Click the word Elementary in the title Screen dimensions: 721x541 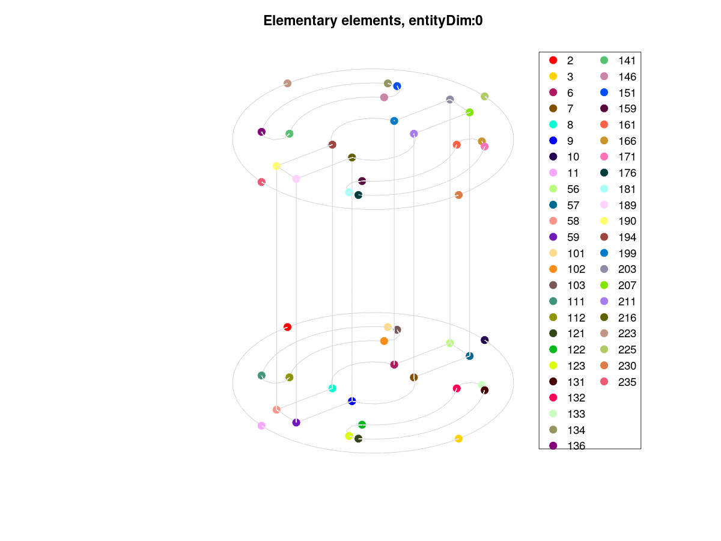pyautogui.click(x=300, y=20)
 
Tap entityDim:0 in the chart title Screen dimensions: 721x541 pyautogui.click(x=445, y=20)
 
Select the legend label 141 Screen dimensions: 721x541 pyautogui.click(x=627, y=61)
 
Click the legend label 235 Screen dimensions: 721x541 pyautogui.click(x=627, y=382)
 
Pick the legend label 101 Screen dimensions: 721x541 pyautogui.click(x=576, y=254)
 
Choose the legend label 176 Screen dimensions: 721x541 pyautogui.click(x=627, y=173)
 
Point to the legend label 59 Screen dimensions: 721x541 pyautogui.click(x=573, y=237)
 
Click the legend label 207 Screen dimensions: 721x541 pyautogui.click(x=627, y=286)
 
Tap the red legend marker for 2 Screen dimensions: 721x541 pyautogui.click(x=553, y=60)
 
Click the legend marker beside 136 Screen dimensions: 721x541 pyautogui.click(x=553, y=446)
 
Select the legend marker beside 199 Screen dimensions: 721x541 pyautogui.click(x=604, y=253)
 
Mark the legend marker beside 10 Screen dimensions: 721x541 pyautogui.click(x=553, y=156)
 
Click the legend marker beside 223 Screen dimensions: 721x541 pyautogui.click(x=604, y=334)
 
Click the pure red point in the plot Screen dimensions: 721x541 pyautogui.click(x=287, y=327)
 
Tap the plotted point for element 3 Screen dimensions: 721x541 pyautogui.click(x=458, y=439)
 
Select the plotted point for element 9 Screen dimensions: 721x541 pyautogui.click(x=352, y=401)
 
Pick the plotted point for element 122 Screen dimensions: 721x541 pyautogui.click(x=362, y=425)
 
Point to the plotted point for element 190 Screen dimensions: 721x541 pyautogui.click(x=276, y=167)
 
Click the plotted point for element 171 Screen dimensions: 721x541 pyautogui.click(x=484, y=147)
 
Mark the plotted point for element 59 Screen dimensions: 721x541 pyautogui.click(x=296, y=423)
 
